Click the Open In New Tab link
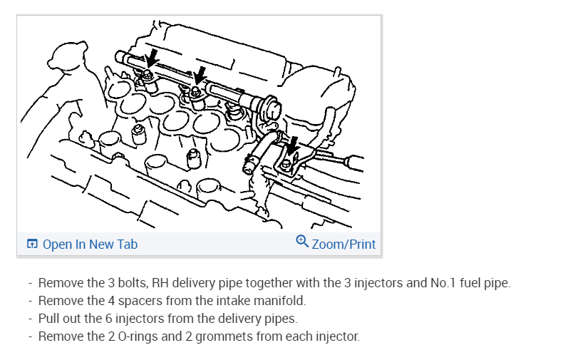pos(90,245)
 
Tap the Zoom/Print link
pos(344,245)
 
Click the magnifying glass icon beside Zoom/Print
pos(302,242)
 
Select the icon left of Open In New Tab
pos(32,245)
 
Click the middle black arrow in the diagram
pos(200,75)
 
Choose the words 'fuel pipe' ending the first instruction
pos(485,283)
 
